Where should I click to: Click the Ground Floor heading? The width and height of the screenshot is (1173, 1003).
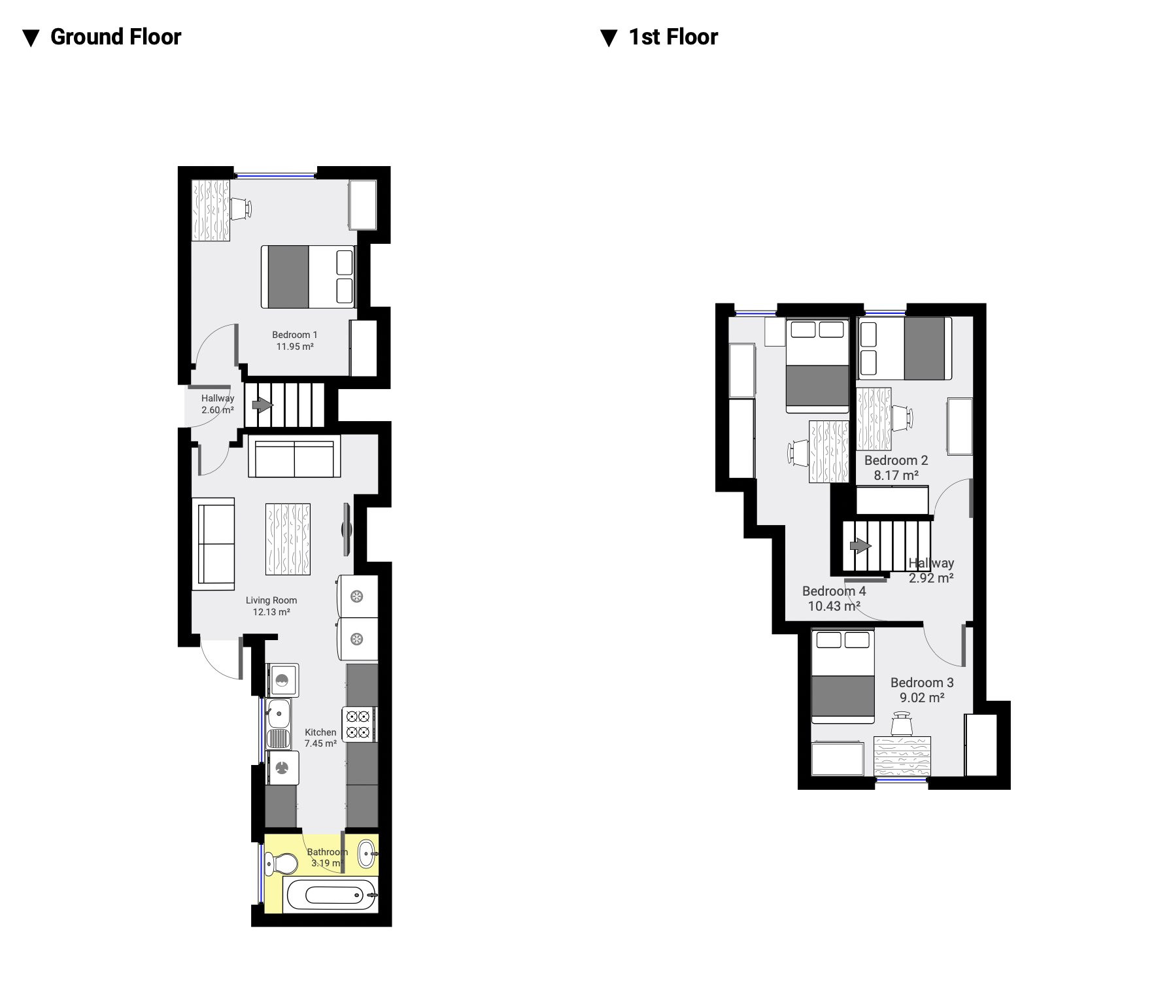(x=116, y=37)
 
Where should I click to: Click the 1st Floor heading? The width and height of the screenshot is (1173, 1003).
(x=673, y=37)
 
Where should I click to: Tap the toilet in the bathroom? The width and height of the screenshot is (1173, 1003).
(x=282, y=863)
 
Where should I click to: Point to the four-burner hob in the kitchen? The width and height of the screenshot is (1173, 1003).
(x=358, y=724)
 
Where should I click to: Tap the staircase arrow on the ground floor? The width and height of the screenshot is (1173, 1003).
(x=262, y=405)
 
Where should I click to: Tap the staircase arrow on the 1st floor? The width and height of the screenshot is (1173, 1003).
(x=860, y=545)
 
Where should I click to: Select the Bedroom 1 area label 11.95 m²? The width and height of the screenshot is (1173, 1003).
(x=295, y=347)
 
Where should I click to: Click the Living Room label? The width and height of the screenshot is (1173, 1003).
(x=271, y=600)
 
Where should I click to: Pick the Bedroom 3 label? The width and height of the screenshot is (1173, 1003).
(x=922, y=683)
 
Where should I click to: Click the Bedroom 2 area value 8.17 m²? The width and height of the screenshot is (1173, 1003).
(x=896, y=475)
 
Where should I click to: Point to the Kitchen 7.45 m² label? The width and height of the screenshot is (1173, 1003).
(x=321, y=738)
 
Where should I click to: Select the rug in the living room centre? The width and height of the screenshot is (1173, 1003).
(x=288, y=539)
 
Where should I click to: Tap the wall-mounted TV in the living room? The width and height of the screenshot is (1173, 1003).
(x=347, y=529)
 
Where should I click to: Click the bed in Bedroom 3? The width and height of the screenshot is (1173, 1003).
(x=843, y=676)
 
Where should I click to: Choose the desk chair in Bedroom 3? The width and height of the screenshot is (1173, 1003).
(x=903, y=724)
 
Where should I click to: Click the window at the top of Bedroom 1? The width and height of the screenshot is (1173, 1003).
(x=275, y=175)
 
